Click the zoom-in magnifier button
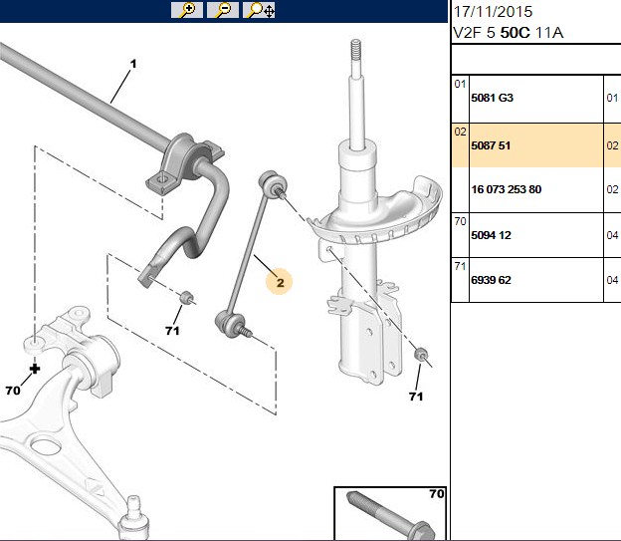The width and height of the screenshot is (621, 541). (186, 10)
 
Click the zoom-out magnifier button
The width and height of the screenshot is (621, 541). (223, 10)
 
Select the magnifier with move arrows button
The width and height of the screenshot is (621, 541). (259, 10)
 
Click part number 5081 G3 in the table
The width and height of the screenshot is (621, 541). (492, 98)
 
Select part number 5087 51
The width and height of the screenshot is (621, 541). (491, 145)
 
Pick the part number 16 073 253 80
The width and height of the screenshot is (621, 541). (507, 189)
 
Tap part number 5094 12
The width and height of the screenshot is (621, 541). (491, 235)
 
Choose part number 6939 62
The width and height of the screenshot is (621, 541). (491, 280)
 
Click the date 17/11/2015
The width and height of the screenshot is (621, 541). (493, 12)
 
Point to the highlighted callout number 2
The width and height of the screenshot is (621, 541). (280, 282)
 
